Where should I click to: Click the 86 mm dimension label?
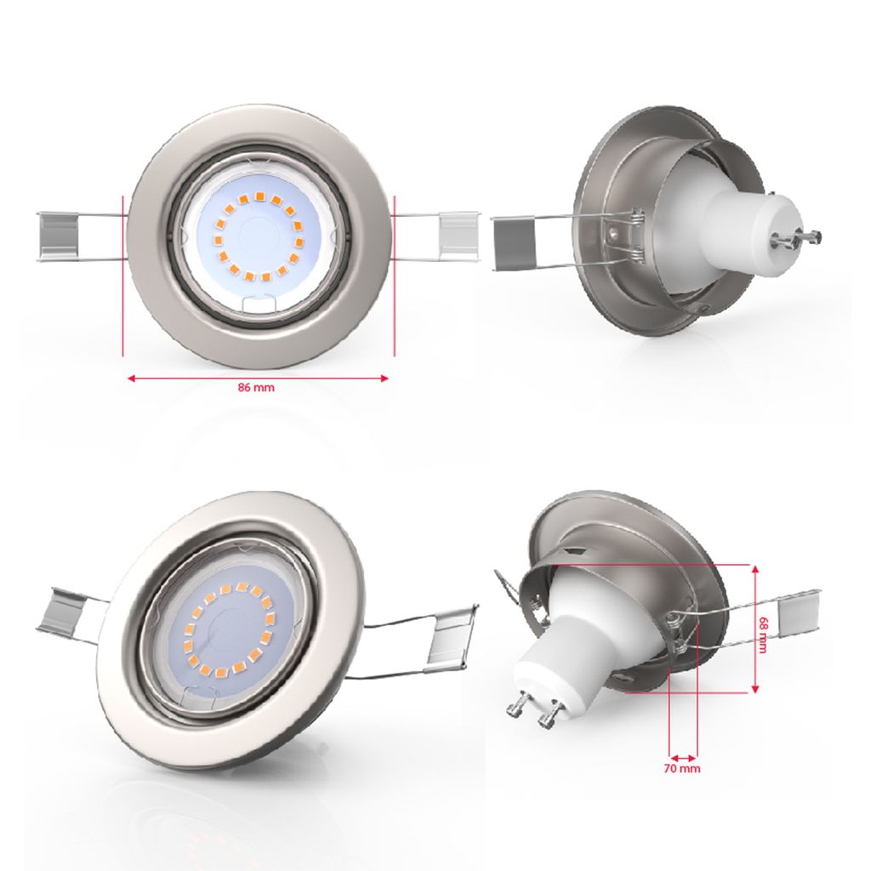pyautogui.click(x=256, y=388)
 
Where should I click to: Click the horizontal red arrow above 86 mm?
pyautogui.click(x=258, y=378)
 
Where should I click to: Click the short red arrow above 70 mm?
pyautogui.click(x=684, y=756)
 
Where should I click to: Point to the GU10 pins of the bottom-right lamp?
pyautogui.click(x=533, y=709)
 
